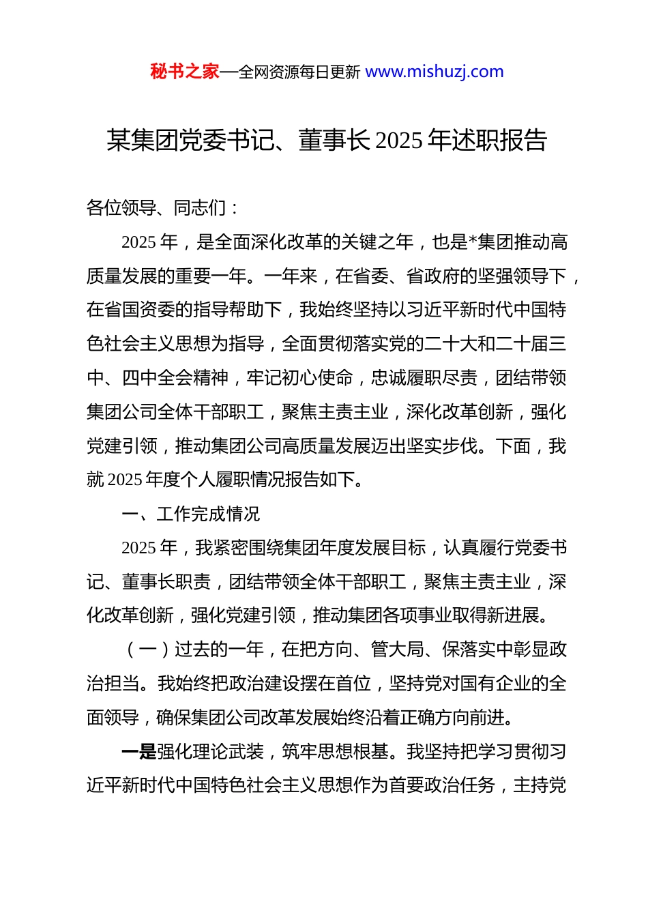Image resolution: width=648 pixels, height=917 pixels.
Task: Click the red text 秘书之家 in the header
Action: [185, 72]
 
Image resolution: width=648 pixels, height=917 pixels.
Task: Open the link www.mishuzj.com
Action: [435, 72]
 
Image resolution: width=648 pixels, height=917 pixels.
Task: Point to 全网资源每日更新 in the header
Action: [299, 72]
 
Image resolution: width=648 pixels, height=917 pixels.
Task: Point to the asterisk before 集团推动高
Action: [473, 242]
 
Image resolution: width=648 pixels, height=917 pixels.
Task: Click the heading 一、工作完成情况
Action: [191, 514]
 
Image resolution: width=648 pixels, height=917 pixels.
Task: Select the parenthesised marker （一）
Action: [148, 650]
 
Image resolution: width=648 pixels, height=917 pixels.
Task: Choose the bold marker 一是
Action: [139, 752]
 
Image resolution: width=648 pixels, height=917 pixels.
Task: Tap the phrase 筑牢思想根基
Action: [335, 752]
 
